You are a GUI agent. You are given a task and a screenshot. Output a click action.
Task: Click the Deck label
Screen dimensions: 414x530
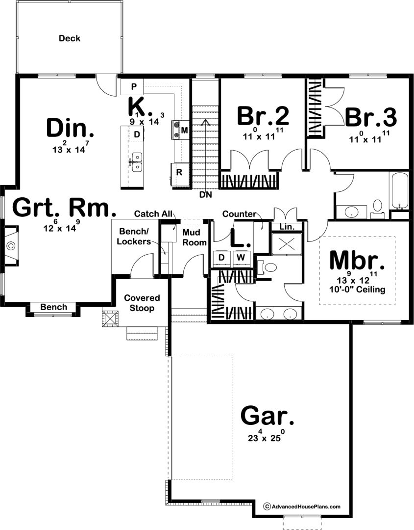(x=70, y=38)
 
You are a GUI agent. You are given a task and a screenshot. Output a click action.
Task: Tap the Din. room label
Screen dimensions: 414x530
(x=70, y=129)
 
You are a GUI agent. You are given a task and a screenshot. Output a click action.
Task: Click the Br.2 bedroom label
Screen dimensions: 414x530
(x=263, y=116)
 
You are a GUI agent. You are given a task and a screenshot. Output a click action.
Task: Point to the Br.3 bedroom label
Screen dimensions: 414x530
(x=371, y=117)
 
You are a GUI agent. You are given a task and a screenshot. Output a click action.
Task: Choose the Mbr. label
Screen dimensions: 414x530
(x=357, y=260)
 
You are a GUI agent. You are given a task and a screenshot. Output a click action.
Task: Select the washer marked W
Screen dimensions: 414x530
(x=241, y=258)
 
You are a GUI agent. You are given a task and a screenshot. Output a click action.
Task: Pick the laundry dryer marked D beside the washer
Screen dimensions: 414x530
(x=221, y=258)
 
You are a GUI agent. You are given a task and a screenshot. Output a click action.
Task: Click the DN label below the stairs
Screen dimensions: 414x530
(x=205, y=195)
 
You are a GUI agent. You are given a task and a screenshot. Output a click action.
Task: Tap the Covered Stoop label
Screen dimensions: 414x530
(x=142, y=303)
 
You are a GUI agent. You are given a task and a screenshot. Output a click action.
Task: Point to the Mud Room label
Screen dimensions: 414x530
(x=195, y=238)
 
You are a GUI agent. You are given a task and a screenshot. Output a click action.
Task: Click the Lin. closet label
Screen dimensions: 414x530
(x=287, y=227)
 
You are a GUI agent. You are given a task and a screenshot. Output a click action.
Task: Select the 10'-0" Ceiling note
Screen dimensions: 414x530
(x=357, y=290)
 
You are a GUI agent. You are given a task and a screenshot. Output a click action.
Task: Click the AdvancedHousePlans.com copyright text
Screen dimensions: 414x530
(x=302, y=506)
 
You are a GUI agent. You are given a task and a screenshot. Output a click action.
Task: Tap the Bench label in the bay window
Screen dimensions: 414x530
(x=53, y=307)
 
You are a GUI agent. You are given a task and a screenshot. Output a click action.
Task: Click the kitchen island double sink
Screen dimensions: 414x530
(x=137, y=162)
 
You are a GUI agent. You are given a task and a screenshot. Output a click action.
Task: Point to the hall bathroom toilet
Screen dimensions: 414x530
(x=377, y=208)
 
